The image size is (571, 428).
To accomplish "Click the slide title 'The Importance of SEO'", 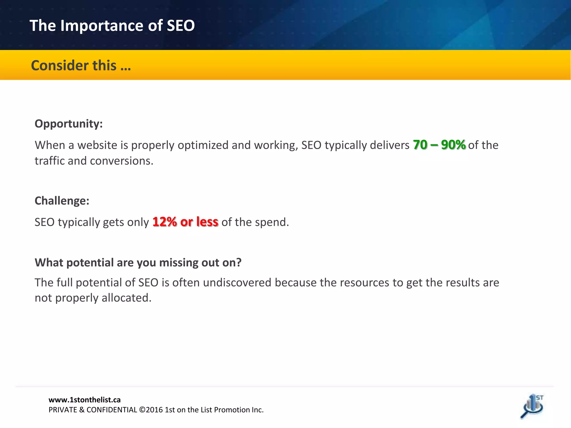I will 112,26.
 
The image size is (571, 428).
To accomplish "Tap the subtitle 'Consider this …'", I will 81,66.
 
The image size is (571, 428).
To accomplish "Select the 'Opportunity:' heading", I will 69,124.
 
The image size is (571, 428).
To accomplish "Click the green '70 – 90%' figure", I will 439,145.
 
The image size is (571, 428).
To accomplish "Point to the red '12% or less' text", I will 185,222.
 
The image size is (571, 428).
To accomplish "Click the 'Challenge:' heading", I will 62,201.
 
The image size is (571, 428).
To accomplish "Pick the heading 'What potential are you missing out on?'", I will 138,262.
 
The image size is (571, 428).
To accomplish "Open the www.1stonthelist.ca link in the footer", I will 84,400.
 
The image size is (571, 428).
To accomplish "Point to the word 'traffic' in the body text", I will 49,161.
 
